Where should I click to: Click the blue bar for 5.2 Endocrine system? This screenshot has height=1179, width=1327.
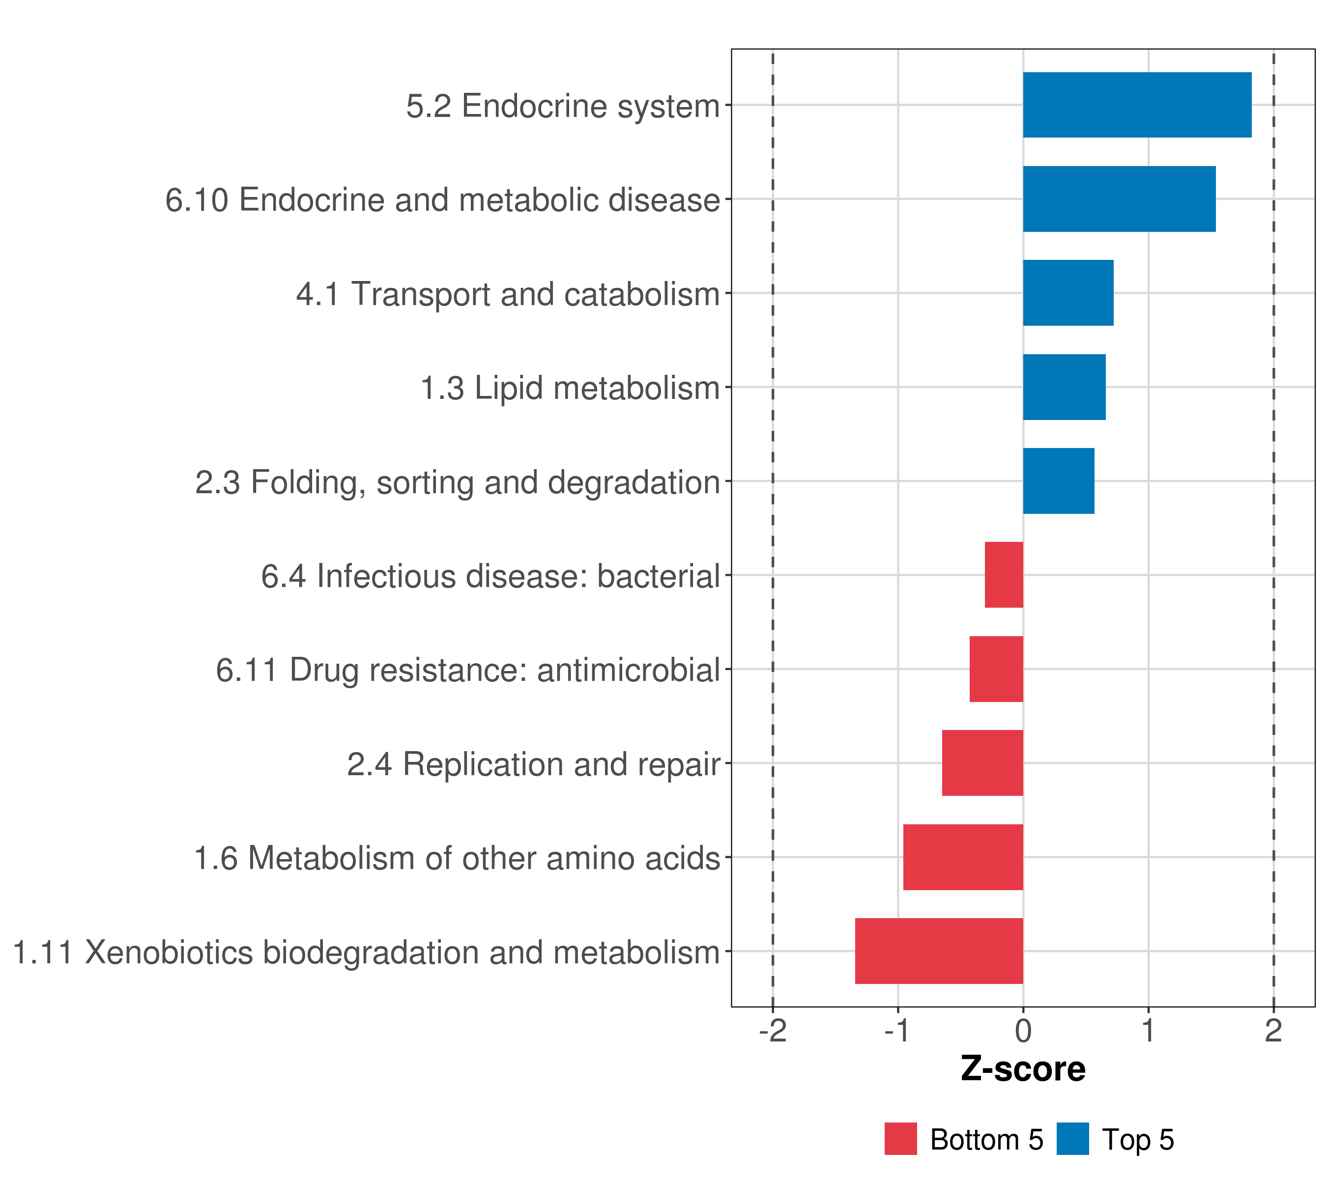(1137, 105)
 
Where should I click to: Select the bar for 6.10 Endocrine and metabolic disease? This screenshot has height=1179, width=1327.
(1119, 199)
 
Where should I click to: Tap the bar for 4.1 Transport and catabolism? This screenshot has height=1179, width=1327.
(1068, 293)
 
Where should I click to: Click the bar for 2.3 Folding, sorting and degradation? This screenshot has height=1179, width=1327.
(1058, 481)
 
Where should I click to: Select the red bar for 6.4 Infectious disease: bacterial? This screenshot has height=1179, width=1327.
(1004, 575)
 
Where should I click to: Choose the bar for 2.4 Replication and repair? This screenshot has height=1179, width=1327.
(982, 763)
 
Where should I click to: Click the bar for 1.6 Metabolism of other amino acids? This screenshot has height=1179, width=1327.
(963, 857)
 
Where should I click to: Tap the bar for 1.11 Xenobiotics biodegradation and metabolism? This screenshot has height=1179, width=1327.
(939, 951)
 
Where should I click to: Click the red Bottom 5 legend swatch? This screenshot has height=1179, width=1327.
(900, 1139)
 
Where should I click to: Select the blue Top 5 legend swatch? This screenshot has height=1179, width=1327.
(1072, 1139)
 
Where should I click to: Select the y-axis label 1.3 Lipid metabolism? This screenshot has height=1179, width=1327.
(570, 388)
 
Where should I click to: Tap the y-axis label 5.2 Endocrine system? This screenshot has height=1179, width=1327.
(563, 106)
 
